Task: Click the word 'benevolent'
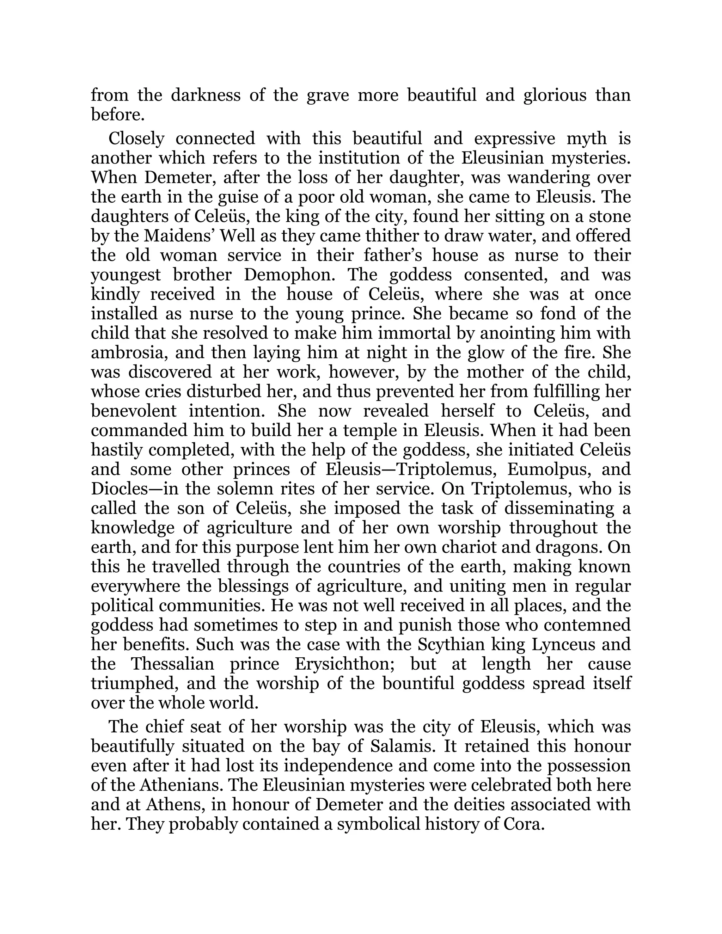click(x=134, y=411)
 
